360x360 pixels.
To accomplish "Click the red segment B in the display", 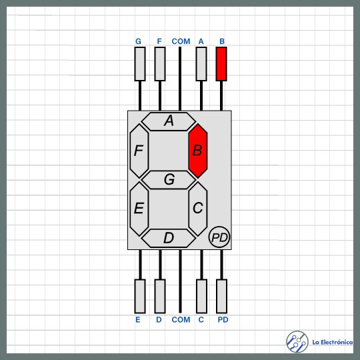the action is (x=198, y=151).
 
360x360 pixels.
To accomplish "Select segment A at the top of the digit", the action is (x=169, y=121).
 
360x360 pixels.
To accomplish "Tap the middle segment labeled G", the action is (x=169, y=180).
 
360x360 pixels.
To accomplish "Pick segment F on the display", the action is (x=139, y=151).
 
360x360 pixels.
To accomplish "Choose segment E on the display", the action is (x=139, y=209).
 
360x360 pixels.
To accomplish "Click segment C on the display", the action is (x=198, y=209).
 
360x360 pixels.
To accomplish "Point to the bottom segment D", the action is (x=169, y=238).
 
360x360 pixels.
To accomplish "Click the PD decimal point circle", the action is (x=219, y=237).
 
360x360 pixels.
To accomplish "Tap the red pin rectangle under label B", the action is (x=221, y=64).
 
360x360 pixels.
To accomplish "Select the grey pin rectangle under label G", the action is (x=140, y=64).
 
